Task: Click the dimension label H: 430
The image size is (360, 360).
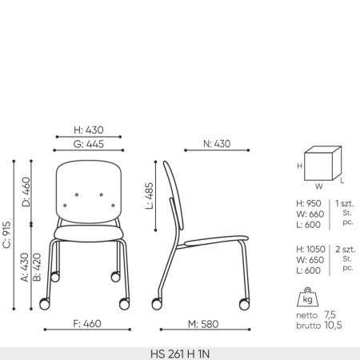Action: pyautogui.click(x=88, y=130)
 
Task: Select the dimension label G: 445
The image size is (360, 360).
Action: pyautogui.click(x=88, y=144)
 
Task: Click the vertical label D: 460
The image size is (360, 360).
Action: pyautogui.click(x=26, y=193)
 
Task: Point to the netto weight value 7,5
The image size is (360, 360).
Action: pyautogui.click(x=329, y=315)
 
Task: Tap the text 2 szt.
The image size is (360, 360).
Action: pyautogui.click(x=346, y=250)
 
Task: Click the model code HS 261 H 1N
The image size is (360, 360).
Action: pyautogui.click(x=179, y=353)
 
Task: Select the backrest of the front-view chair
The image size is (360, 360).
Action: pyautogui.click(x=89, y=190)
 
